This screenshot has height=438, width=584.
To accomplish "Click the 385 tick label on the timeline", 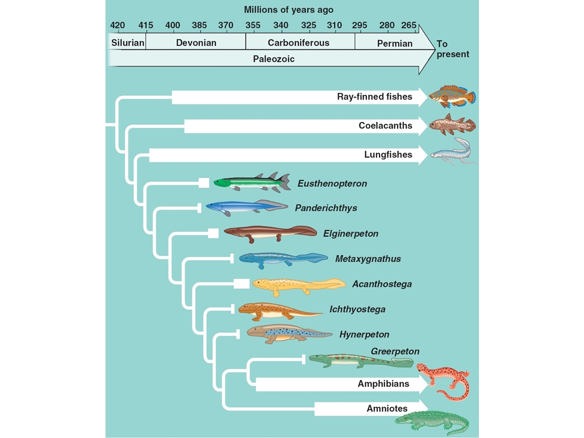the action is pos(199,26).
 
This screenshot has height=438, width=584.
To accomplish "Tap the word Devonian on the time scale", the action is pos(197,43).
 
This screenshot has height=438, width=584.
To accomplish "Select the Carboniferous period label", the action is pos(299,43).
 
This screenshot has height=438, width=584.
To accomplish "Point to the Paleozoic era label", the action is pos(274,59).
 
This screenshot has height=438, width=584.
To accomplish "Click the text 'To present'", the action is pos(453,49).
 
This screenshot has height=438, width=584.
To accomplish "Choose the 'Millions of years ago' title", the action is pos(289,10).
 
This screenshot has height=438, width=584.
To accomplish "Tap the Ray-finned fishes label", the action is pos(375,96).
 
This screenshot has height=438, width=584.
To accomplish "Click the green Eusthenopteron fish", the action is pos(252,182).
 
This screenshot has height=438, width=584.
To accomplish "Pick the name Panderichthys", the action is pos(326,208).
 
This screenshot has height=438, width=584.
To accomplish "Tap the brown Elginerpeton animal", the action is pos(270,234).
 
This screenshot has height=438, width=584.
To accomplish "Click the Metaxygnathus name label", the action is pos(368,259).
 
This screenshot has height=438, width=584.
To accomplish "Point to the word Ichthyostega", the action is pos(357,309).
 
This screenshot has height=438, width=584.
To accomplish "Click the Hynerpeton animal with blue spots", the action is pos(289,334).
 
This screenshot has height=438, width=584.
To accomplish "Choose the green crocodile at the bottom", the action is pos(432,422).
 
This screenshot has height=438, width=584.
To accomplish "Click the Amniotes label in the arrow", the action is pos(387,408).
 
